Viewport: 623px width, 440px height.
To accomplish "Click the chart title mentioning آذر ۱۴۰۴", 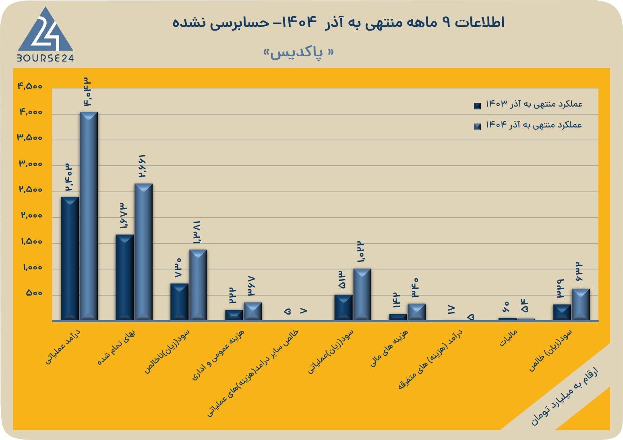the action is tap(338, 22).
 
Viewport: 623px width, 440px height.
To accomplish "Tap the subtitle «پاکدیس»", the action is tap(298, 53).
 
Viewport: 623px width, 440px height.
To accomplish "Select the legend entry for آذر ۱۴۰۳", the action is tap(528, 104).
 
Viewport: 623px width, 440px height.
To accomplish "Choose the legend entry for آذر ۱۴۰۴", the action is tap(528, 125).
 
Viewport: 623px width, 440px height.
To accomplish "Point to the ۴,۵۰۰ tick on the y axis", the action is tap(30, 86).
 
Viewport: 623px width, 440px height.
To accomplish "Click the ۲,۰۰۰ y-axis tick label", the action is tap(31, 215).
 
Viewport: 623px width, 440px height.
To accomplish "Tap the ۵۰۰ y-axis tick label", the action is tap(34, 293).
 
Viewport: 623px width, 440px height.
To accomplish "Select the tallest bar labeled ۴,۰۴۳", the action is tap(89, 216).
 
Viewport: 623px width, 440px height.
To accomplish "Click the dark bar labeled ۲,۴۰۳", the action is tap(70, 259).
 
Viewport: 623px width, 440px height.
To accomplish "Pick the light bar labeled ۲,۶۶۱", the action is tap(143, 252).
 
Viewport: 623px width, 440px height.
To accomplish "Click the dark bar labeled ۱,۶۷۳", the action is tap(124, 278).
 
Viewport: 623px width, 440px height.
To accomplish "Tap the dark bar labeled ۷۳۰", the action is tap(179, 302).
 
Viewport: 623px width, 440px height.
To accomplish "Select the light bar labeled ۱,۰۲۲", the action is tap(362, 294).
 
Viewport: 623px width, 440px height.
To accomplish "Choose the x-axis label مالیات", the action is tap(508, 338).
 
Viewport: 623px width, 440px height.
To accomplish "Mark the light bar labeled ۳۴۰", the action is tap(417, 312).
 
